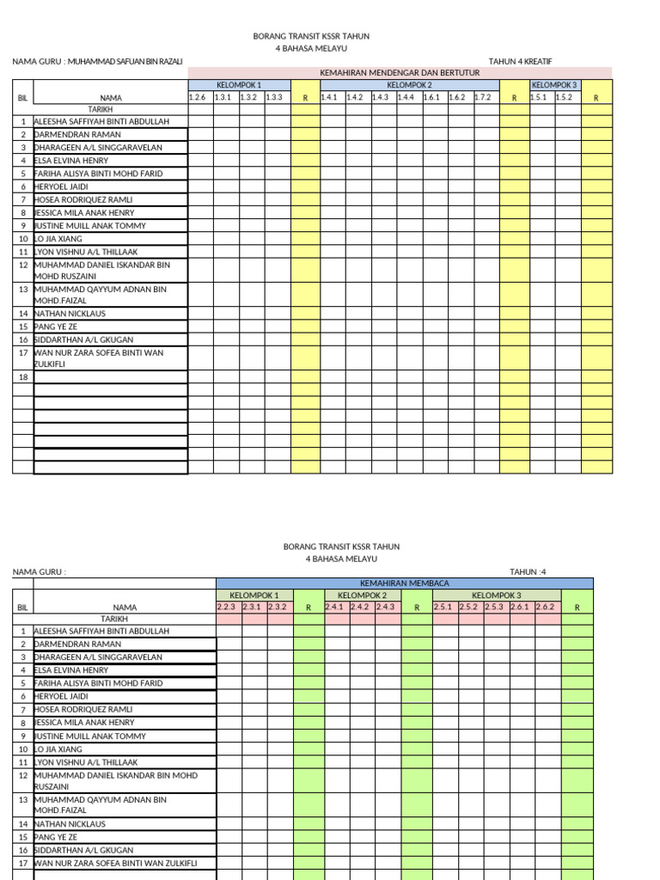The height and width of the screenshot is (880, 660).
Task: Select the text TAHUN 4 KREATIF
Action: click(520, 61)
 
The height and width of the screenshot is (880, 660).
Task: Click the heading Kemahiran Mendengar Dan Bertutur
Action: click(400, 73)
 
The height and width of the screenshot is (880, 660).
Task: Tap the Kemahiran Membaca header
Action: click(404, 584)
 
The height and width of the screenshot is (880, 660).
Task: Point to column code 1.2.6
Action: click(198, 97)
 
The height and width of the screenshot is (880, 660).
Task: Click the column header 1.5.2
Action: click(564, 97)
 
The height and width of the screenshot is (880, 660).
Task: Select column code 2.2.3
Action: click(226, 608)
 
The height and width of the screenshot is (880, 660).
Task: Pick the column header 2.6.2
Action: click(545, 608)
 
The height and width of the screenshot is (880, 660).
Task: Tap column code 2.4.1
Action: click(334, 608)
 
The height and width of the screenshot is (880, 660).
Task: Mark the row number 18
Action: click(23, 377)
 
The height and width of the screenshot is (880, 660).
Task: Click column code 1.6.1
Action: click(431, 97)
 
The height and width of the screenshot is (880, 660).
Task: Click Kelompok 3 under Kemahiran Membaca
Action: click(496, 596)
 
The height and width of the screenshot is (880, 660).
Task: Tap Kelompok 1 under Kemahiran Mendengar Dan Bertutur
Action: click(239, 85)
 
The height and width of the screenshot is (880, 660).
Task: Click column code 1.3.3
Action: click(274, 97)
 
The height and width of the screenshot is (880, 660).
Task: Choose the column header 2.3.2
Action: click(277, 608)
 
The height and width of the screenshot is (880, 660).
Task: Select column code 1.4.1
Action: click(329, 97)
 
